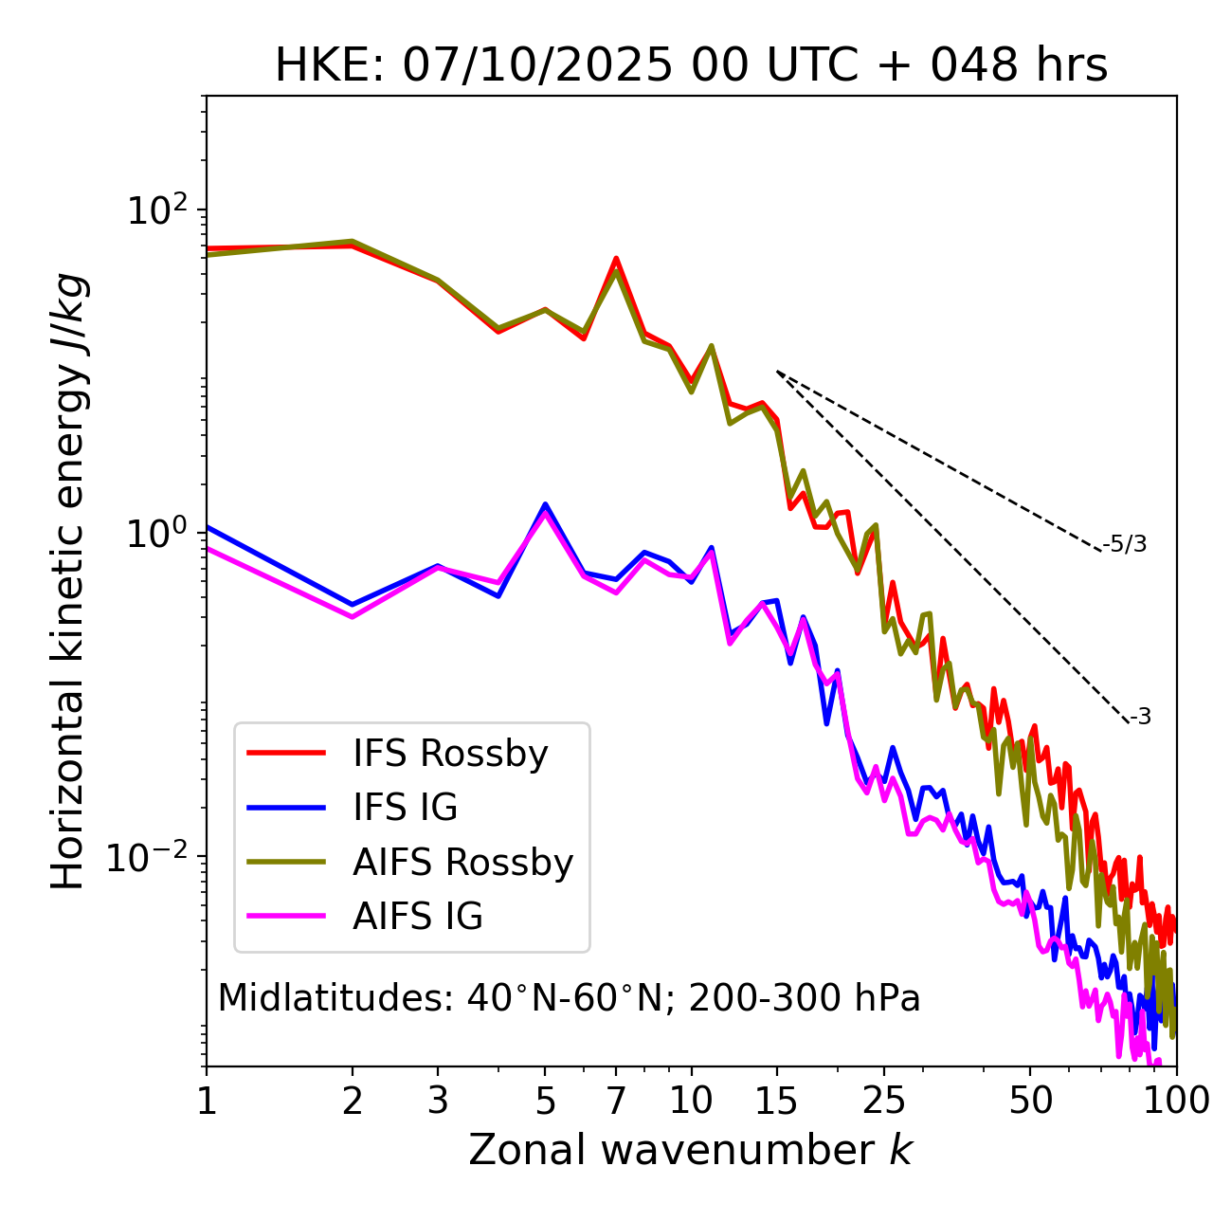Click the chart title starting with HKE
691,65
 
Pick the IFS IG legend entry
406,808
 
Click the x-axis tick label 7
616,1101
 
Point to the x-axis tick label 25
884,1101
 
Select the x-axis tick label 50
1030,1101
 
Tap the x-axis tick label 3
438,1101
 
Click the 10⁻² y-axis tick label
152,857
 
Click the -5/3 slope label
1125,544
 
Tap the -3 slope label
1140,717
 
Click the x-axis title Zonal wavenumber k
691,1150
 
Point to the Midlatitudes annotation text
569,998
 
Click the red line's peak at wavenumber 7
616,258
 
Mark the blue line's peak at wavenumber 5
545,504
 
